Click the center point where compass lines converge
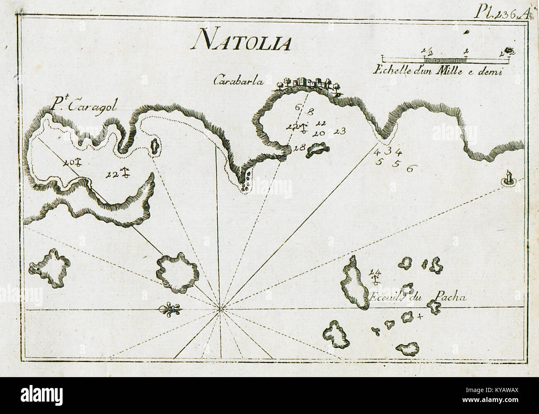coord(220,308)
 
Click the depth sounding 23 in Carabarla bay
coord(339,132)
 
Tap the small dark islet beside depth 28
coord(317,150)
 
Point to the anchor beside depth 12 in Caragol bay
coord(124,172)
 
